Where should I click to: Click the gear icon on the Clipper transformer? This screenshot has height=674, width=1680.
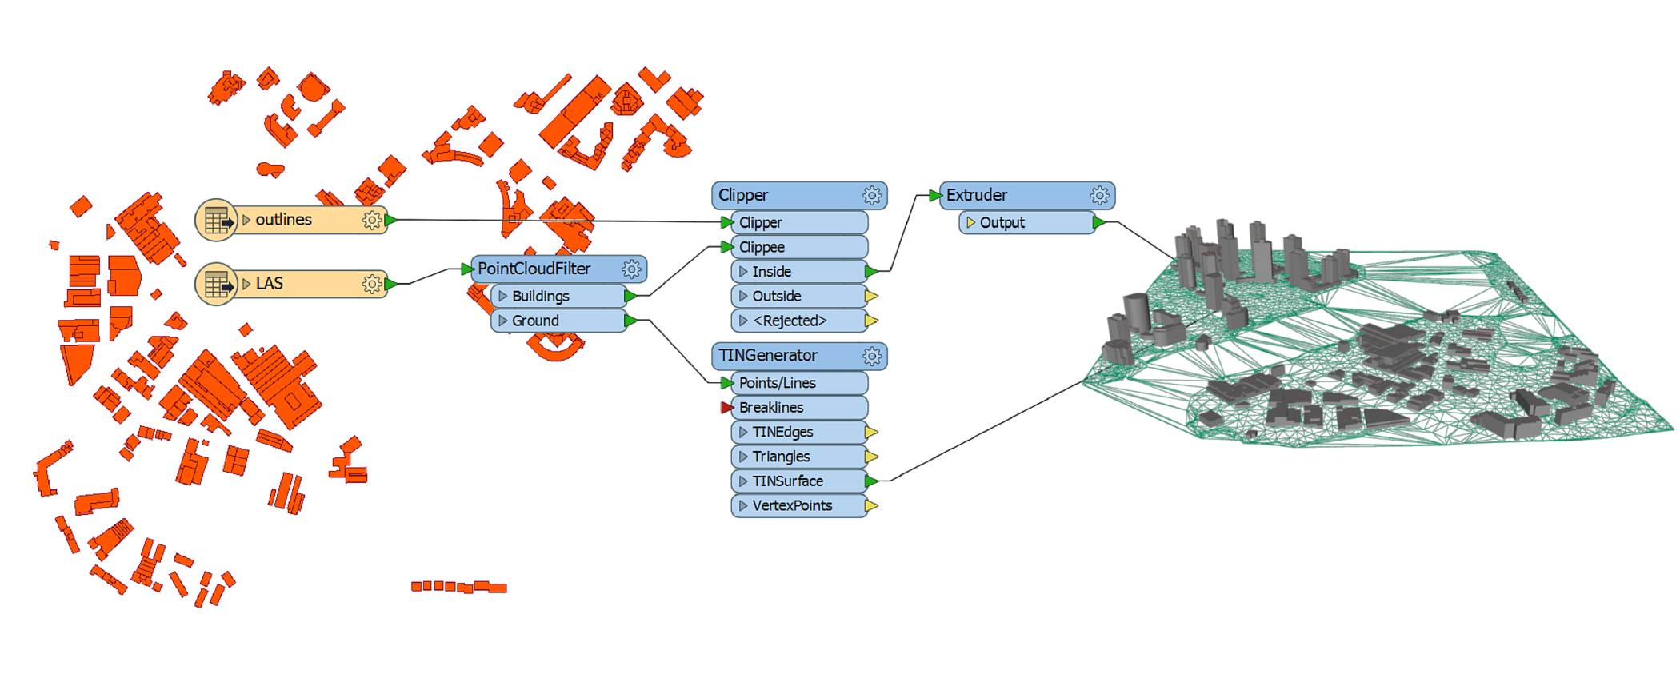(x=872, y=196)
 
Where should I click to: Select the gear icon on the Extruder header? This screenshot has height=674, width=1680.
(x=1099, y=196)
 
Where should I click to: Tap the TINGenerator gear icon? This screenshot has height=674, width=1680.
(x=872, y=357)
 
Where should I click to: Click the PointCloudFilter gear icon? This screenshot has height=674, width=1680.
(x=631, y=269)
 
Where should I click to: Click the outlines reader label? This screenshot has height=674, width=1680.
(x=284, y=220)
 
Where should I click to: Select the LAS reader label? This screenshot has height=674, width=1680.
(x=270, y=284)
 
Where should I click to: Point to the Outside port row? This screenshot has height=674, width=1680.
(x=798, y=297)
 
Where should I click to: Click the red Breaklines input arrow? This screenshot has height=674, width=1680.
(x=726, y=408)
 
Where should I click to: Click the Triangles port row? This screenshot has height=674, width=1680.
(x=798, y=457)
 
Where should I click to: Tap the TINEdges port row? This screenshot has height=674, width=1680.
(x=798, y=433)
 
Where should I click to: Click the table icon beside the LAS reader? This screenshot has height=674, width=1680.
(x=217, y=285)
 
